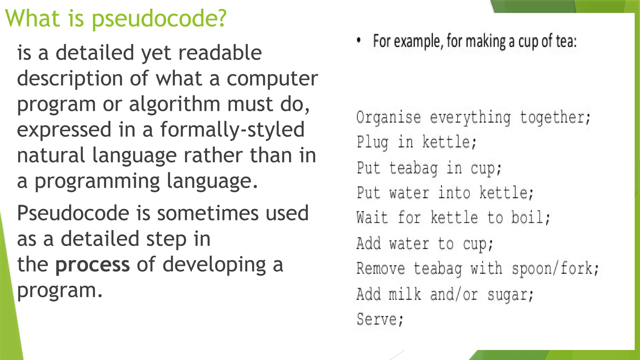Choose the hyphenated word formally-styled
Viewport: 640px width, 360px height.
tap(232, 129)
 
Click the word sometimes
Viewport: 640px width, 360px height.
tap(207, 213)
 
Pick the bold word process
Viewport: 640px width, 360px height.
tap(92, 264)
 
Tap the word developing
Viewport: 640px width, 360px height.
tap(214, 265)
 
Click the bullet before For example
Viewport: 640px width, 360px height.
tap(359, 40)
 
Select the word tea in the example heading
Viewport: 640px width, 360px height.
tap(566, 41)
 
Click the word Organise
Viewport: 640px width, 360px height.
tap(388, 117)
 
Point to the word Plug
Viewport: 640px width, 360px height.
tap(372, 142)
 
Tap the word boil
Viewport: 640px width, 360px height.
tap(530, 217)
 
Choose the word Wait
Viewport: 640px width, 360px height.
tap(372, 217)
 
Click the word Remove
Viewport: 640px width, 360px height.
tap(381, 268)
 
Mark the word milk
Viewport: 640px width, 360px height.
tap(405, 294)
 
